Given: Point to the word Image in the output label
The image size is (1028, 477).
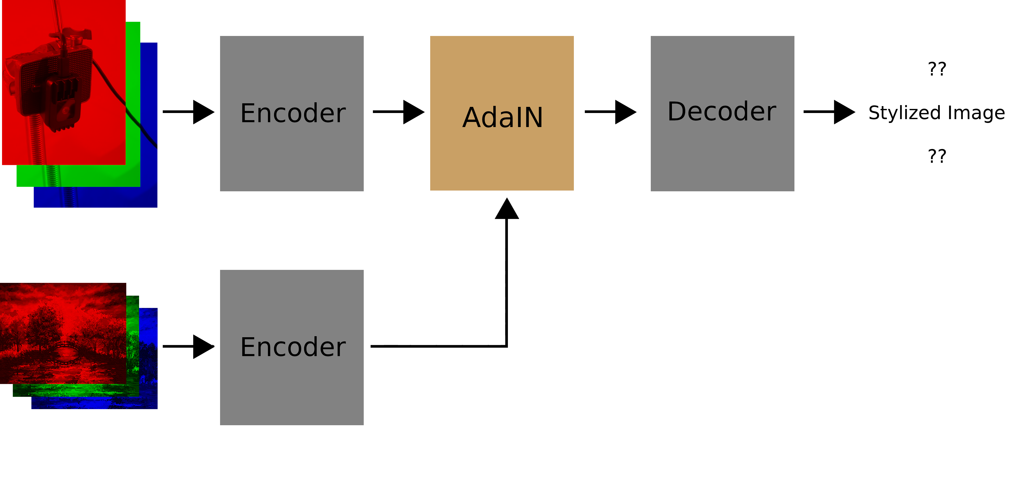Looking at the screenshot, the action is click(x=976, y=113).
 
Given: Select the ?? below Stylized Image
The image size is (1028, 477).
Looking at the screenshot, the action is click(x=937, y=156).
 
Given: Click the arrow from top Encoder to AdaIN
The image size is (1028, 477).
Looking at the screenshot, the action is click(x=399, y=112).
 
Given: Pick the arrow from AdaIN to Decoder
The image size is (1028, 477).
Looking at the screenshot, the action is click(x=611, y=112).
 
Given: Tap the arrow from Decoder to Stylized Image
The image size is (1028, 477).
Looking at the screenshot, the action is click(x=829, y=112).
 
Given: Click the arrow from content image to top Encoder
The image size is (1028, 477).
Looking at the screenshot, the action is click(x=188, y=112).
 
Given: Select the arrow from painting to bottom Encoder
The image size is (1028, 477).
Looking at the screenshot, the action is click(x=188, y=346).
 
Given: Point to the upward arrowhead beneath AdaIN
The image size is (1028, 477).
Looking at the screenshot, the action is click(x=507, y=209).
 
